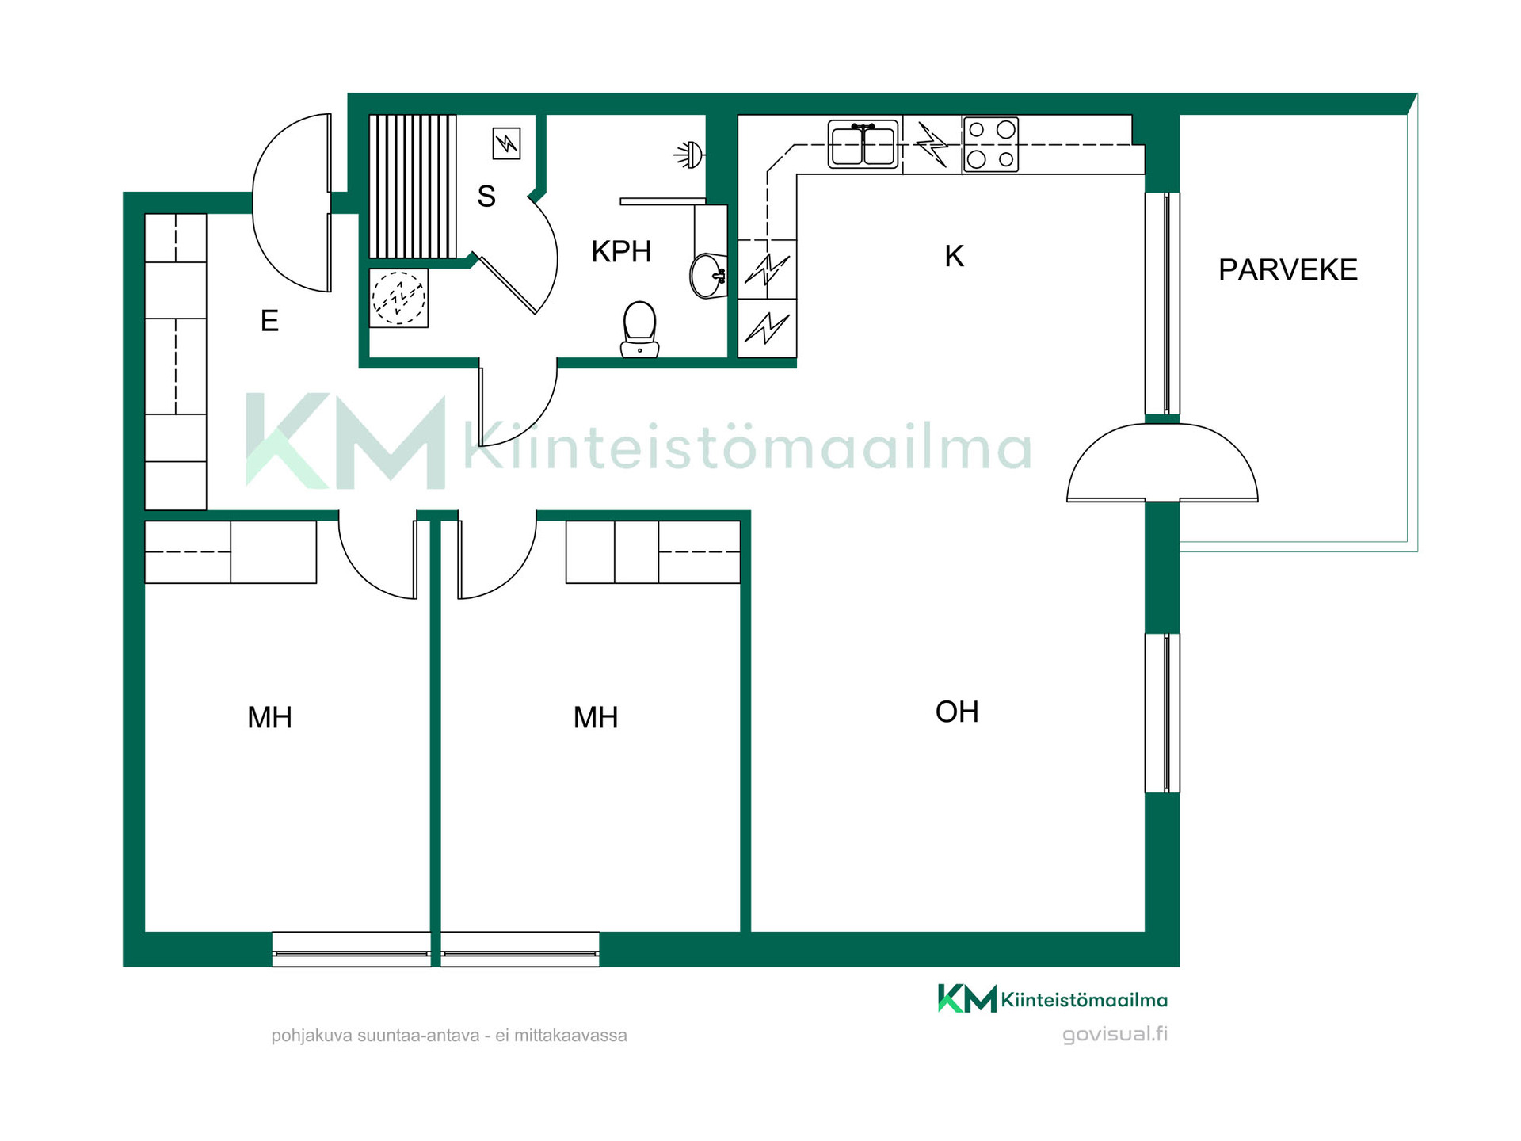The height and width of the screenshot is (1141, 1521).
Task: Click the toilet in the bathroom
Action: click(639, 329)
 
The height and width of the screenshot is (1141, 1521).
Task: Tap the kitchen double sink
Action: click(863, 144)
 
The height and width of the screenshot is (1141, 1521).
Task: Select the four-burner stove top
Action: click(990, 144)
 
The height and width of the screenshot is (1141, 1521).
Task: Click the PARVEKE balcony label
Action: click(1287, 270)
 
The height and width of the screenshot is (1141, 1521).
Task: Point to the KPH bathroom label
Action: click(621, 251)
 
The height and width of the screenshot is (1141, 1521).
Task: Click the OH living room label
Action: click(957, 712)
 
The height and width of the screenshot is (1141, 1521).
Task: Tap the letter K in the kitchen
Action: click(954, 256)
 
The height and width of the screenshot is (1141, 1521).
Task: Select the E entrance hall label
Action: click(269, 321)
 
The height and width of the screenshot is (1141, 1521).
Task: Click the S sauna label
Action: click(486, 196)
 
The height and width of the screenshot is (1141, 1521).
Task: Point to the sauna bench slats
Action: click(413, 186)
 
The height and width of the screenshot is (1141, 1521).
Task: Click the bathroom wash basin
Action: click(708, 276)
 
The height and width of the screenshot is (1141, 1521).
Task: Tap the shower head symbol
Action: click(689, 155)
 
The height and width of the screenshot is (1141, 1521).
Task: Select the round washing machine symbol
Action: click(398, 298)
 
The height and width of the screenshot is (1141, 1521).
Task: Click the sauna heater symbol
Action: click(506, 143)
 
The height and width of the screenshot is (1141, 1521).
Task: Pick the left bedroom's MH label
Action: click(269, 717)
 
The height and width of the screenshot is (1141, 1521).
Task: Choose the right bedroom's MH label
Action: click(595, 717)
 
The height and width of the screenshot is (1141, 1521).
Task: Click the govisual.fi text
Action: click(1115, 1034)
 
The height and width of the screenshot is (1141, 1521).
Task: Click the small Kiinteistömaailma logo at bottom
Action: click(1053, 998)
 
